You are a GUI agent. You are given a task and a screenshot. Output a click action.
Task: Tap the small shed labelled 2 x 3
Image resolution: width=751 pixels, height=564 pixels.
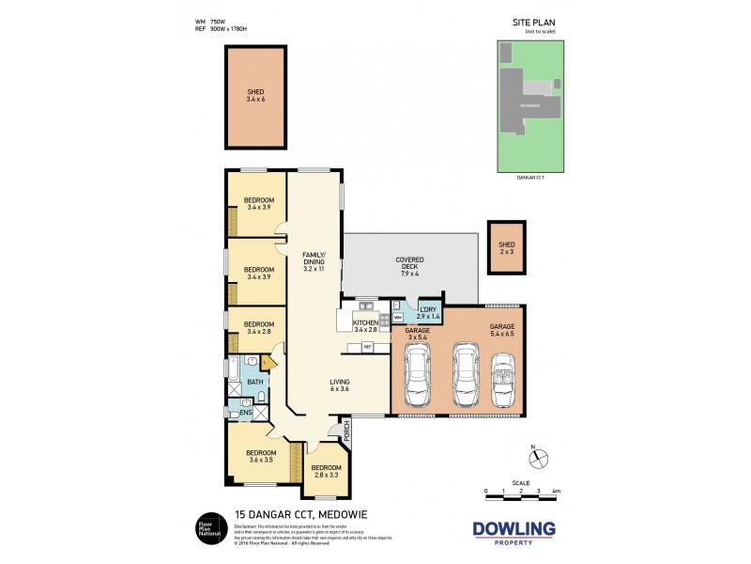coord(506,247)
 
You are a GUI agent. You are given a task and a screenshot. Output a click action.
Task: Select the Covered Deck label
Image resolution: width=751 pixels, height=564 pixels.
coord(409,267)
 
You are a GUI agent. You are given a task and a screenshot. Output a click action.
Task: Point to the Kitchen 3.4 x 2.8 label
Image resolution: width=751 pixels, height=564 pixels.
coord(365,325)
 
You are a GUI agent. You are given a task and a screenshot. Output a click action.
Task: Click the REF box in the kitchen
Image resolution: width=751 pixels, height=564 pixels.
coord(369,347)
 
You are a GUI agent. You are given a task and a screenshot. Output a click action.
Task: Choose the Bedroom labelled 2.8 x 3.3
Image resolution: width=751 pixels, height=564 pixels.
coord(326,472)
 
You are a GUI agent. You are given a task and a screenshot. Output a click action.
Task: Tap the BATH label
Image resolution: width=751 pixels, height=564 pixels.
coord(253,382)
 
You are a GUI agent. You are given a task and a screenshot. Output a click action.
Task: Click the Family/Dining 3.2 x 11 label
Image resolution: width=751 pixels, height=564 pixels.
coord(314,261)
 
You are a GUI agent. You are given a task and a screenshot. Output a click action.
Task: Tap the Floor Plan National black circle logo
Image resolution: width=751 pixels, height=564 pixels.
coord(207,530)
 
